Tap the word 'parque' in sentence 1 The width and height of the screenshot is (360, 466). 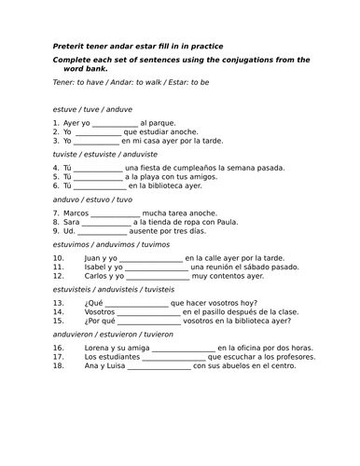(x=160, y=122)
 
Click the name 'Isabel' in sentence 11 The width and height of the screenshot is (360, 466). (x=96, y=267)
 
